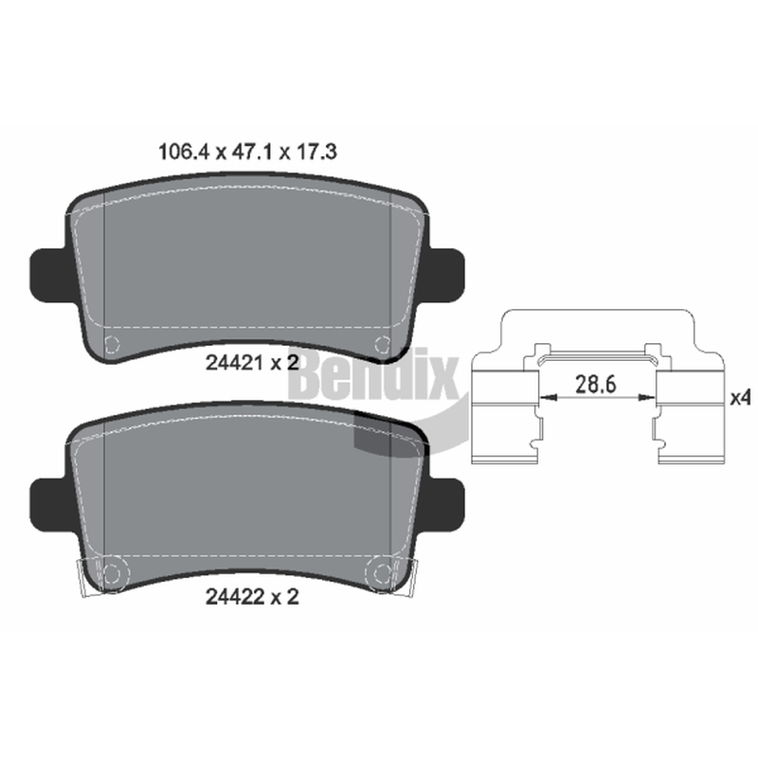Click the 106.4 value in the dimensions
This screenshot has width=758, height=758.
pos(183,152)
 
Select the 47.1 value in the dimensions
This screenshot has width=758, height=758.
pos(252,152)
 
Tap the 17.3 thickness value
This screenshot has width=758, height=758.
pos(316,152)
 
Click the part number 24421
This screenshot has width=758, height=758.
pos(235,363)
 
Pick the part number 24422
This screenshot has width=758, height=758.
pos(235,597)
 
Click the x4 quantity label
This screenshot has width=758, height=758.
pos(740,398)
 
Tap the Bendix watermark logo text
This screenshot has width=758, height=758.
pos(374,372)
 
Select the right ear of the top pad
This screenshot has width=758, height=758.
pos(445,274)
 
